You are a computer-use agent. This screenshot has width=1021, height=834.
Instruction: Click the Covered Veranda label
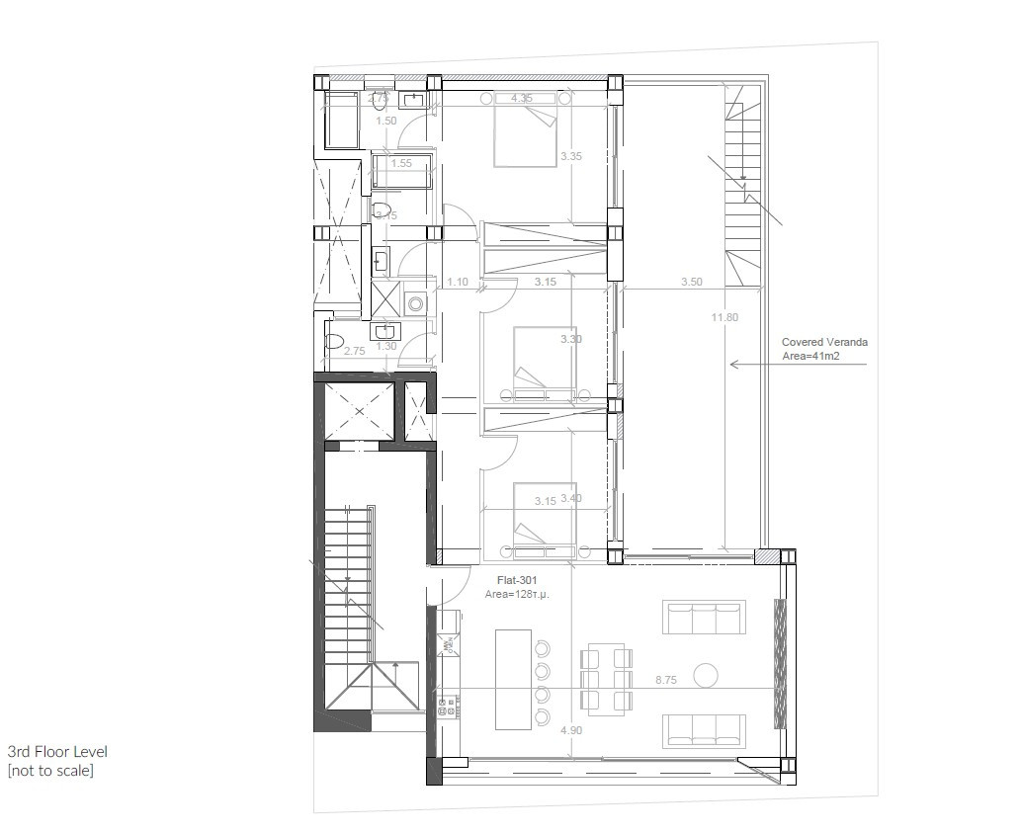click(824, 342)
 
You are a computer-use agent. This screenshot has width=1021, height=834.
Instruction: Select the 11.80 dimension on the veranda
click(724, 317)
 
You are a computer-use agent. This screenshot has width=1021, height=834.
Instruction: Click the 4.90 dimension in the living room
click(571, 730)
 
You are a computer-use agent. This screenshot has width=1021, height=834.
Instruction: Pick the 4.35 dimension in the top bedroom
click(522, 98)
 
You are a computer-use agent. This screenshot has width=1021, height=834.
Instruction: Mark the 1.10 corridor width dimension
click(458, 282)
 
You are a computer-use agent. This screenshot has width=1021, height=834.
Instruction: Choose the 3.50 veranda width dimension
click(692, 282)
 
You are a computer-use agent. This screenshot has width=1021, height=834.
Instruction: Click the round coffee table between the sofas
click(706, 676)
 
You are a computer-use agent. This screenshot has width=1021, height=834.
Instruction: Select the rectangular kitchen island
click(513, 679)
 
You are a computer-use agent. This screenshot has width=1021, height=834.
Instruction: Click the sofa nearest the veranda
click(703, 619)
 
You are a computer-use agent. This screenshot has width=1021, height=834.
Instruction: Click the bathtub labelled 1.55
click(401, 171)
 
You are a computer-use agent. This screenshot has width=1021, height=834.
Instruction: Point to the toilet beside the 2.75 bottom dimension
click(335, 342)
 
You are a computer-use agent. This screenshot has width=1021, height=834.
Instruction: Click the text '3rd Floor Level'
click(57, 752)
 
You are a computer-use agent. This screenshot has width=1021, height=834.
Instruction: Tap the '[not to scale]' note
click(50, 771)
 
